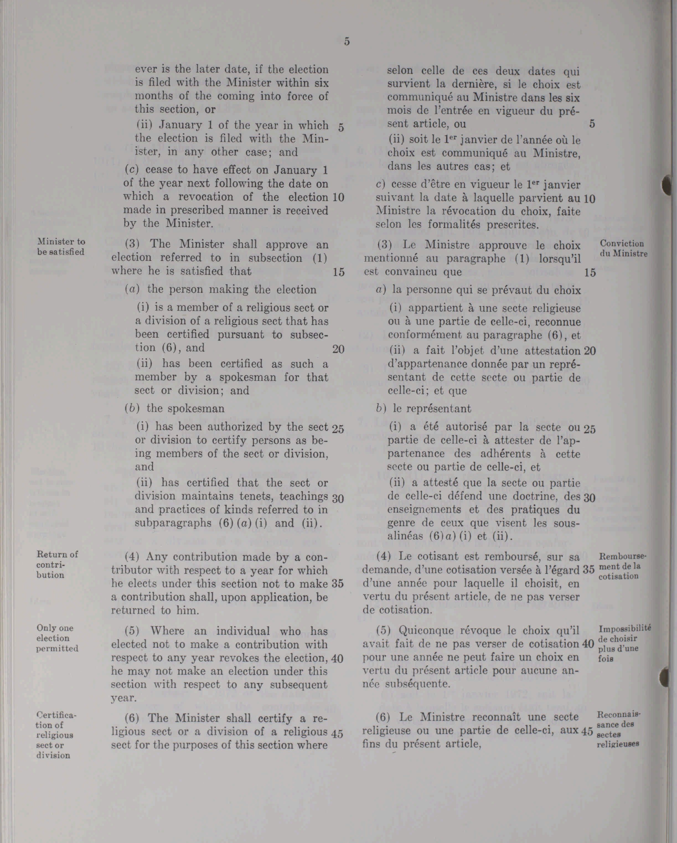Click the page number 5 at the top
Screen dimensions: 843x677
[347, 42]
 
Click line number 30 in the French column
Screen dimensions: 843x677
[589, 498]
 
